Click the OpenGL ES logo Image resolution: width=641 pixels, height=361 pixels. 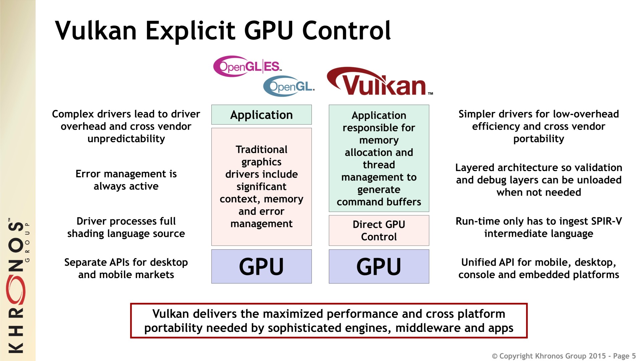pyautogui.click(x=247, y=66)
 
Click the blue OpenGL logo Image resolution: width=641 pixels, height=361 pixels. pyautogui.click(x=289, y=87)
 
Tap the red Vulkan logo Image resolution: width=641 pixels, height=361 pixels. pyautogui.click(x=379, y=82)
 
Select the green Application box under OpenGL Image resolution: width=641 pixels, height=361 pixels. pyautogui.click(x=261, y=115)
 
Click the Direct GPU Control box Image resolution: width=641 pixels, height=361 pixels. pyautogui.click(x=379, y=230)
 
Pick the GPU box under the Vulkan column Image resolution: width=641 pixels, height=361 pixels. pyautogui.click(x=379, y=266)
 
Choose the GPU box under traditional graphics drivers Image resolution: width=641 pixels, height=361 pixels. pyautogui.click(x=261, y=266)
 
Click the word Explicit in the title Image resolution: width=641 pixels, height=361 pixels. pyautogui.click(x=191, y=31)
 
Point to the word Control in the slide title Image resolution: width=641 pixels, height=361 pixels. pyautogui.click(x=346, y=31)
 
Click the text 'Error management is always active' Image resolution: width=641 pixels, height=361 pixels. pyautogui.click(x=126, y=180)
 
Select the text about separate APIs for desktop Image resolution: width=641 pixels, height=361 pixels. pyautogui.click(x=126, y=268)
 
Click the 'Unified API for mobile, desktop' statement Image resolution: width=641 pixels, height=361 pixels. pyautogui.click(x=539, y=268)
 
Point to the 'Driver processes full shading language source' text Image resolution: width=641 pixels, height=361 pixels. pyautogui.click(x=126, y=227)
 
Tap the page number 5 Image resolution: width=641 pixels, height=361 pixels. pyautogui.click(x=634, y=356)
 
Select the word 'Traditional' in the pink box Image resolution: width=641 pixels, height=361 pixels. pyautogui.click(x=261, y=149)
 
